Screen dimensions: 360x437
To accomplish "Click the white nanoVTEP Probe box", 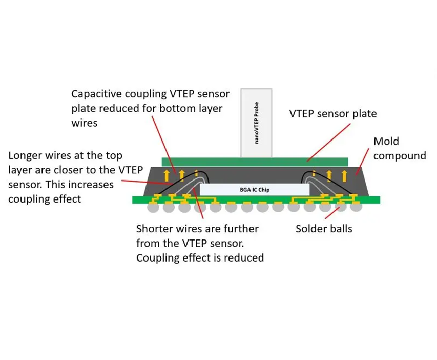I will point(256,123).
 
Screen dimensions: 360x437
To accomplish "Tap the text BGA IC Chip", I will point(255,190).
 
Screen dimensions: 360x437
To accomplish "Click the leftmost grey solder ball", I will point(152,208).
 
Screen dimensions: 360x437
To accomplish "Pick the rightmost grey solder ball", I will point(356,208).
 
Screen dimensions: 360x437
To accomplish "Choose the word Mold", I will point(386,141).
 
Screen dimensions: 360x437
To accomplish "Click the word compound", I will point(400,155).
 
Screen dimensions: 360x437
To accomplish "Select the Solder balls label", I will point(324,229).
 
